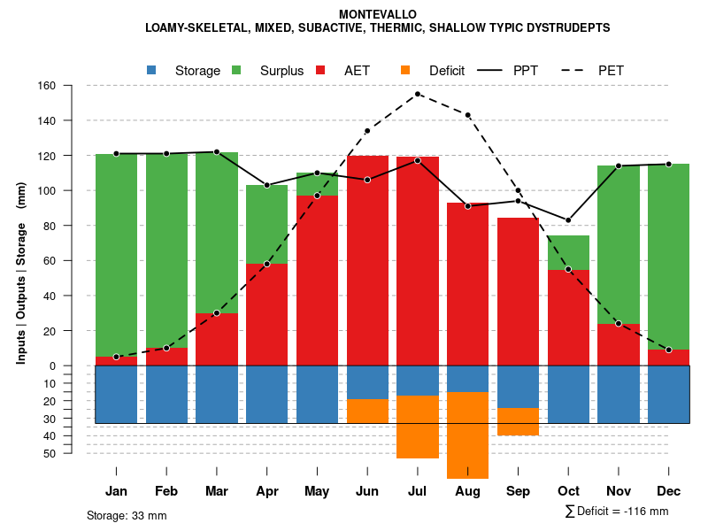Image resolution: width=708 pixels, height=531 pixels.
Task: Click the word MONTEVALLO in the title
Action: [378, 14]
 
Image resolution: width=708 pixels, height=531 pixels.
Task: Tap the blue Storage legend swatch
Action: [152, 70]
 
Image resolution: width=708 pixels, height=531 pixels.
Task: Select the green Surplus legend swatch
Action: [236, 70]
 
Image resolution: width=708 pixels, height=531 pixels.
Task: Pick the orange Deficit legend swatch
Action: [405, 70]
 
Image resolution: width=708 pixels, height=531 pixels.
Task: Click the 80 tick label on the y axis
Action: [49, 226]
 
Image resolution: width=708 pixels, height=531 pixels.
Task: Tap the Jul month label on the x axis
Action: [418, 491]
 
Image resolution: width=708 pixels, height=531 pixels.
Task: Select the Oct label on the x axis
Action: [568, 491]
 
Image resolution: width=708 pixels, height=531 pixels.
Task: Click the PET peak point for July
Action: [418, 94]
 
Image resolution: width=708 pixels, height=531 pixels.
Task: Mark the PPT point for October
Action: [568, 220]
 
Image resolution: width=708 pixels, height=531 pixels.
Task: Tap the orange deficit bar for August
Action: [467, 435]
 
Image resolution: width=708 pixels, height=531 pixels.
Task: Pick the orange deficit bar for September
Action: [518, 421]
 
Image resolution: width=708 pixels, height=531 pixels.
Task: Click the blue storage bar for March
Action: [217, 394]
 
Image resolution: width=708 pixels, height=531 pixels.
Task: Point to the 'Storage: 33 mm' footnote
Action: [127, 515]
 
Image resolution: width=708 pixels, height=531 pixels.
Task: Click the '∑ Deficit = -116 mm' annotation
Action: [616, 512]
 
